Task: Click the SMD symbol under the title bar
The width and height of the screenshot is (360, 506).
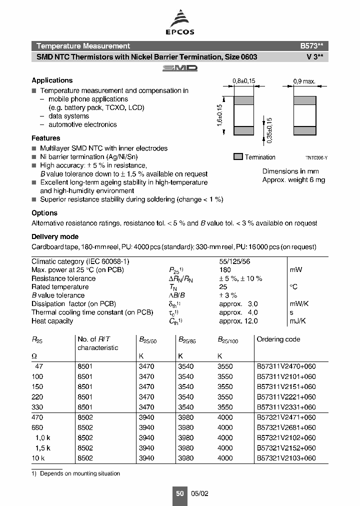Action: (x=180, y=68)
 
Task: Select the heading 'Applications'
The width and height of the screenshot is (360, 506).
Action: (x=52, y=80)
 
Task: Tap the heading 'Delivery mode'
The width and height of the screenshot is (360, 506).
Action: (x=55, y=236)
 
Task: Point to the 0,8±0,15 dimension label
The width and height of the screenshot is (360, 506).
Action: (x=244, y=80)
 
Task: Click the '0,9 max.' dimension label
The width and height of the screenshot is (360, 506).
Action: (x=303, y=80)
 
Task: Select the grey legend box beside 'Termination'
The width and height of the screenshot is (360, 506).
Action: (x=238, y=156)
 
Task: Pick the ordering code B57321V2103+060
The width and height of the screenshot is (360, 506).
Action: (x=286, y=458)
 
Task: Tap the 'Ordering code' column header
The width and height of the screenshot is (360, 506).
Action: (x=278, y=339)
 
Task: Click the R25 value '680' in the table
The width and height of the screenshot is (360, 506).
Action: (x=37, y=427)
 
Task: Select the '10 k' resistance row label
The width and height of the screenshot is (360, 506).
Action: (x=38, y=458)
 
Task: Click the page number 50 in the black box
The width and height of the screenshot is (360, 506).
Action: (x=179, y=493)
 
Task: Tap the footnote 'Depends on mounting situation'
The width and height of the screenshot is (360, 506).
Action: (x=80, y=473)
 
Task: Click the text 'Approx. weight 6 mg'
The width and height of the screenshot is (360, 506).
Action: (x=293, y=180)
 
